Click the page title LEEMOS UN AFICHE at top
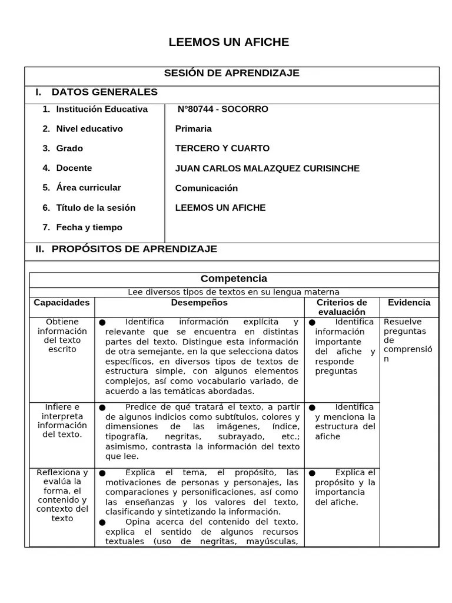(229, 42)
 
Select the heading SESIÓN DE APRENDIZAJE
(231, 73)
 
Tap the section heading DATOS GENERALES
(104, 92)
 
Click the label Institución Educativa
(102, 109)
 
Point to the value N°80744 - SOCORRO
(222, 109)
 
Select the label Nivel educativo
(89, 128)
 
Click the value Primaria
(193, 128)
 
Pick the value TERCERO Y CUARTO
(222, 148)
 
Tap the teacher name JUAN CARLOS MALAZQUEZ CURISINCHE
(267, 168)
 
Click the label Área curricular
(88, 188)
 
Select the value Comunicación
(206, 188)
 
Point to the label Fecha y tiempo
(89, 227)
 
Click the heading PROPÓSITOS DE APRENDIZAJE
(134, 249)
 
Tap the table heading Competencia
(234, 279)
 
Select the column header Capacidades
(62, 303)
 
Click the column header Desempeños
(199, 303)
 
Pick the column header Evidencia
(409, 303)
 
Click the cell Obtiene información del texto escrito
(62, 336)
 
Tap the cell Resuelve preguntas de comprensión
(407, 340)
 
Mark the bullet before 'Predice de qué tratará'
(102, 407)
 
